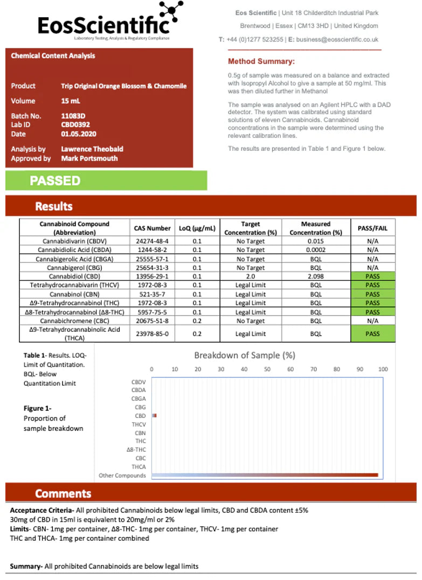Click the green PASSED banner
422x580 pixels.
click(106, 180)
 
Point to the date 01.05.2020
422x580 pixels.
click(79, 134)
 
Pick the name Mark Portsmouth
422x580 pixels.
click(89, 158)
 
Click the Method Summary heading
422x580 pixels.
click(261, 61)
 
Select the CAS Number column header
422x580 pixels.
click(152, 228)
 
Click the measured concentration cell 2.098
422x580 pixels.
click(316, 276)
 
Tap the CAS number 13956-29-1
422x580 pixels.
click(152, 276)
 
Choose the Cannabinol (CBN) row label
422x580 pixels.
click(74, 294)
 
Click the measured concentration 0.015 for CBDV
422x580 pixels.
click(316, 241)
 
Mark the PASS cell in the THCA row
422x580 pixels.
click(372, 334)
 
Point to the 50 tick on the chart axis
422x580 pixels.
click(267, 369)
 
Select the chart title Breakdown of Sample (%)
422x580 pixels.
click(245, 355)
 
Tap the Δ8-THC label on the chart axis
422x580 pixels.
click(136, 449)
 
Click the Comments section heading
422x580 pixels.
click(63, 494)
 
